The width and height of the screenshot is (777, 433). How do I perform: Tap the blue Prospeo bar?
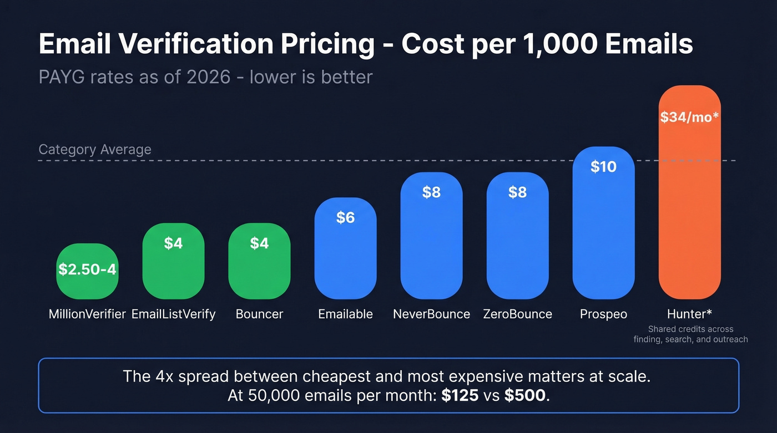tap(603, 233)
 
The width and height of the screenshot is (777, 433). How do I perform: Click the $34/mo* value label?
tap(689, 118)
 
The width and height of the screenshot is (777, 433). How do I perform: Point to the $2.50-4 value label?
tap(87, 269)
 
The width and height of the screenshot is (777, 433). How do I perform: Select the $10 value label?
tap(603, 166)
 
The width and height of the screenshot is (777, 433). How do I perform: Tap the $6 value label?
tap(345, 218)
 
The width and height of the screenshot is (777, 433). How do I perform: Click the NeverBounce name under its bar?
tap(431, 314)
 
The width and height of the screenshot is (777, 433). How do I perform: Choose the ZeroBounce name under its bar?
tap(517, 314)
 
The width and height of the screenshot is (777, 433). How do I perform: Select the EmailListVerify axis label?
tap(173, 314)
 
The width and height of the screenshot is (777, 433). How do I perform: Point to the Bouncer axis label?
tap(259, 314)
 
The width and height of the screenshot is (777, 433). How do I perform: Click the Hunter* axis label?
tap(689, 314)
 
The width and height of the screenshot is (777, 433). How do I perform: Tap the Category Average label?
tap(95, 150)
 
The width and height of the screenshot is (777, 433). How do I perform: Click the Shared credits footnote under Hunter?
tap(690, 334)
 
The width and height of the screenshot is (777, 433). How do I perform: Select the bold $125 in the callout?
tap(460, 396)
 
